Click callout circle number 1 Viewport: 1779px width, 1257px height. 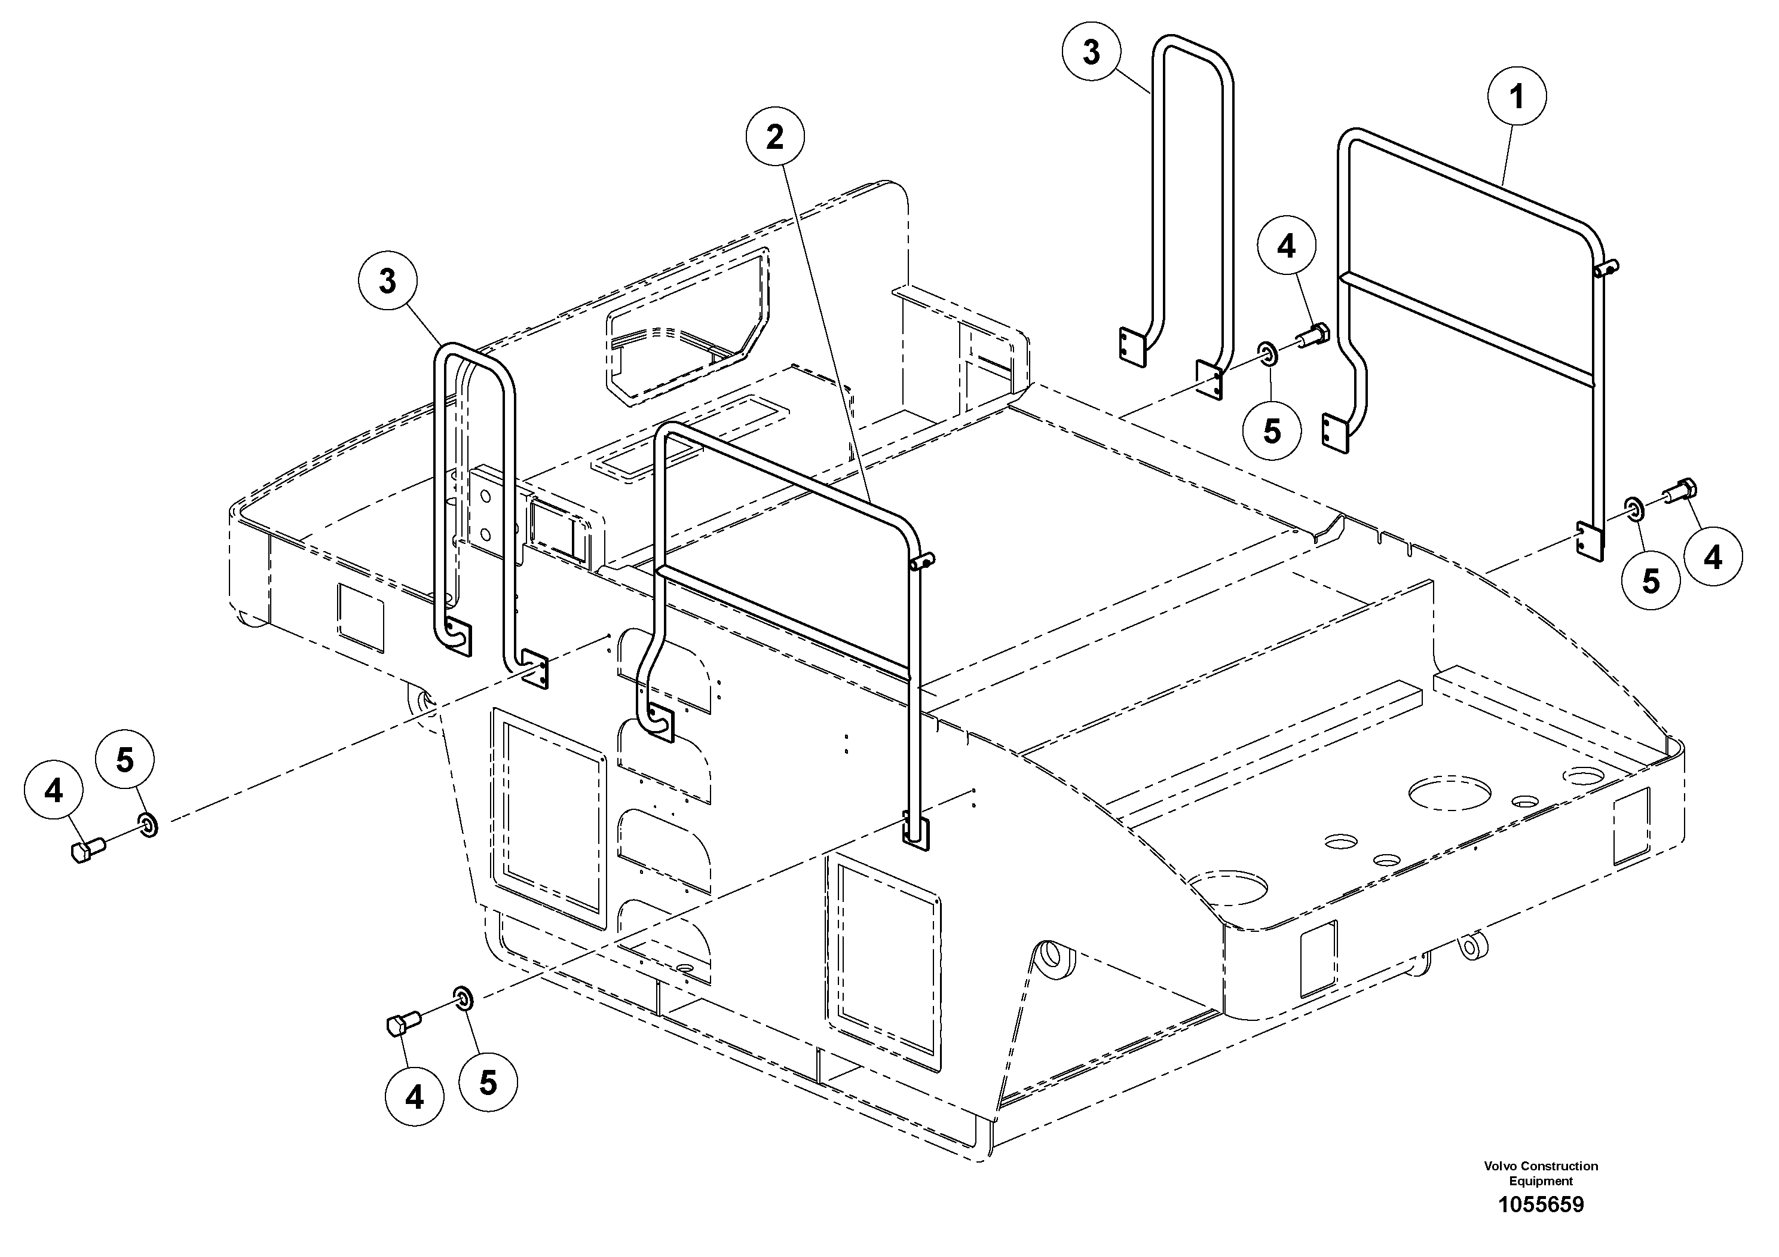[x=1516, y=97]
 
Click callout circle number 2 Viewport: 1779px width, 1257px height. [x=775, y=137]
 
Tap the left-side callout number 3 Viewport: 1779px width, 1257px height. [x=387, y=282]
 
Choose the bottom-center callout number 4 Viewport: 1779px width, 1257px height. [x=415, y=1097]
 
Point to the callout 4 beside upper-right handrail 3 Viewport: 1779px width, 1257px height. [x=1286, y=246]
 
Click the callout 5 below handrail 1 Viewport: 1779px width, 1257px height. [x=1651, y=580]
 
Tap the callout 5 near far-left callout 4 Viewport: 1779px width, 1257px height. [x=125, y=760]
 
